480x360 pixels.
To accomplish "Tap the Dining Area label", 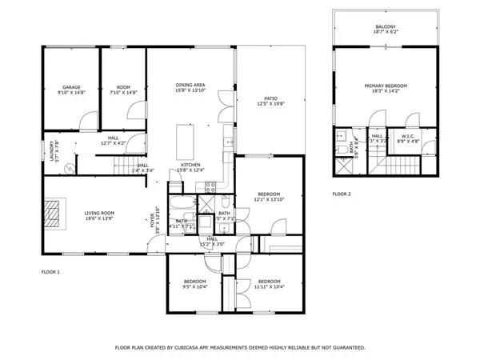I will [191, 85].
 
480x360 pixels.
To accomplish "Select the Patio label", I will [271, 98].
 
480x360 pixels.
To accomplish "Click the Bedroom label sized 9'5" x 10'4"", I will [195, 282].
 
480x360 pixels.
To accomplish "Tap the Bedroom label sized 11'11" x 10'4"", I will [269, 282].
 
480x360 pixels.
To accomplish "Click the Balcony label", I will [386, 27].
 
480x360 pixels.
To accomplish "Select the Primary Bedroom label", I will [386, 86].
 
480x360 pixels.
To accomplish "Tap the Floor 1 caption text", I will [51, 273].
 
